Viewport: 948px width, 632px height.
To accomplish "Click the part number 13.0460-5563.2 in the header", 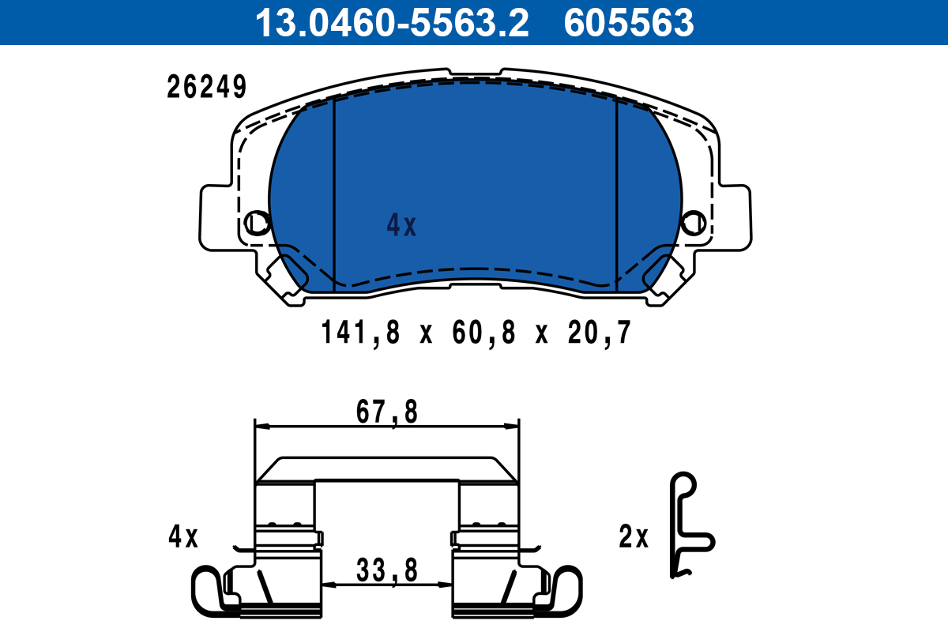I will (x=391, y=23).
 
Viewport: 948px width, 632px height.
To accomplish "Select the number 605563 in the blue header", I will (x=628, y=23).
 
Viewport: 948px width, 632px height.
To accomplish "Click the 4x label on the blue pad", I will (x=401, y=227).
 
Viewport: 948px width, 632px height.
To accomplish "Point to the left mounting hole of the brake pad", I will (x=257, y=222).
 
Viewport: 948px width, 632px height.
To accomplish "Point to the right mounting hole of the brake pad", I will (x=694, y=222).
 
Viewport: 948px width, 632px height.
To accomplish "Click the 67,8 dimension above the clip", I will (x=387, y=412).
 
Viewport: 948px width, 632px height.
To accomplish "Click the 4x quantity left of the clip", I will (x=183, y=538).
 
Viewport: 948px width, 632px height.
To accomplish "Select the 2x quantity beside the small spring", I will (x=634, y=538).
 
